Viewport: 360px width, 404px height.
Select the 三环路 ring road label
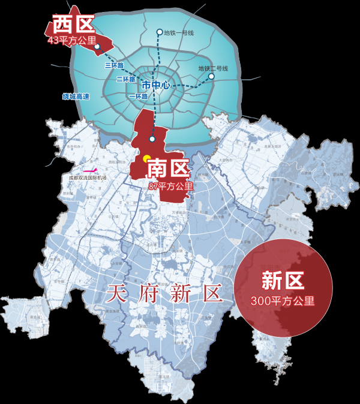113,65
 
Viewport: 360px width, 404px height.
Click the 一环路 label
137,96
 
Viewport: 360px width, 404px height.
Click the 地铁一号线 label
179,33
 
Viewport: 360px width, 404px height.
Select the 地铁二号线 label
213,68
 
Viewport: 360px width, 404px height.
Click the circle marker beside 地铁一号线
159,32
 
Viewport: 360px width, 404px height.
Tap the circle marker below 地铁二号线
211,76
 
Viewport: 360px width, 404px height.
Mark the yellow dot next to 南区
146,159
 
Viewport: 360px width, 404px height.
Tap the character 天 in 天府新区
115,294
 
